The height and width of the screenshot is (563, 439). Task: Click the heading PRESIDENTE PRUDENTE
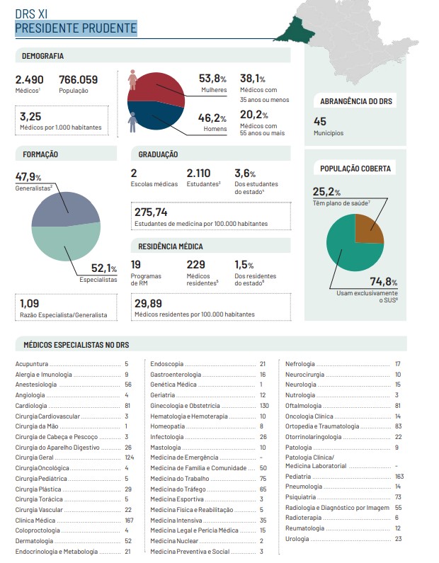pyautogui.click(x=76, y=28)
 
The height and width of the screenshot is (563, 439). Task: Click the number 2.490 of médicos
pyautogui.click(x=30, y=79)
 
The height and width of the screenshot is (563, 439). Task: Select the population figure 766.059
pyautogui.click(x=78, y=79)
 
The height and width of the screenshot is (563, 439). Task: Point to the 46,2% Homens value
pyautogui.click(x=212, y=118)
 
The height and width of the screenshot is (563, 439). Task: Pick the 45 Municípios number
pyautogui.click(x=320, y=121)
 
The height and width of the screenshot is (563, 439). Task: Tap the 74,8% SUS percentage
pyautogui.click(x=384, y=282)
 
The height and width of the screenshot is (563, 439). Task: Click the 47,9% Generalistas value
pyautogui.click(x=29, y=177)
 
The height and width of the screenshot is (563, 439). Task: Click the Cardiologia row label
pyautogui.click(x=31, y=406)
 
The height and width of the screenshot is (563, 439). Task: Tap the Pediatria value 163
pyautogui.click(x=399, y=477)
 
